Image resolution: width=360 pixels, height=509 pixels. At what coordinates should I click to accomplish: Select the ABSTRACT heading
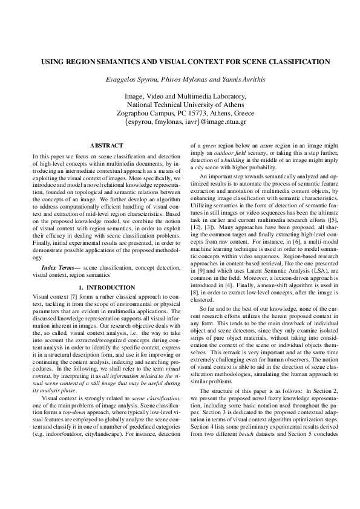point(106,146)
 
